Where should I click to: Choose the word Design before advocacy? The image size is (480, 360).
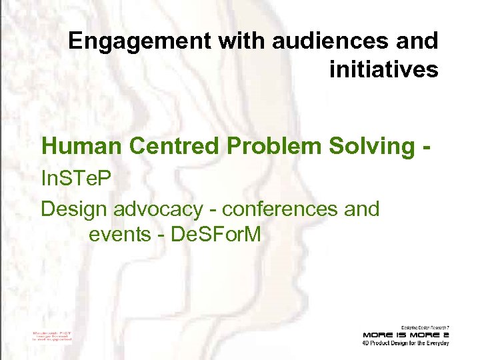(74, 209)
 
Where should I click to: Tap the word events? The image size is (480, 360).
(117, 235)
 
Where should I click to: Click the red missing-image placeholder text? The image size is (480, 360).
(52, 335)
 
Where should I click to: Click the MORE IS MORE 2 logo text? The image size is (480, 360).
(406, 335)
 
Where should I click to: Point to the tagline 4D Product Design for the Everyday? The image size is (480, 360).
(406, 343)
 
